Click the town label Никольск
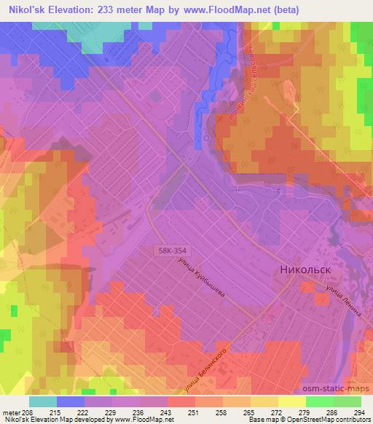(305, 270)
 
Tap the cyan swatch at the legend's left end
(43, 401)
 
